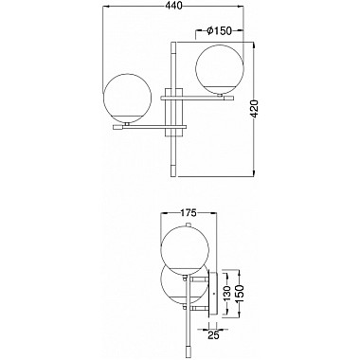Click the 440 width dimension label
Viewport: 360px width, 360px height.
pyautogui.click(x=173, y=6)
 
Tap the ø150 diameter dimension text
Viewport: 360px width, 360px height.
pyautogui.click(x=219, y=31)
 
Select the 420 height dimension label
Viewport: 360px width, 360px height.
pyautogui.click(x=255, y=109)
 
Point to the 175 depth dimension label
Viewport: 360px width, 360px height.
pyautogui.click(x=189, y=213)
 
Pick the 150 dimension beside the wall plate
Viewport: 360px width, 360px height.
pyautogui.click(x=241, y=293)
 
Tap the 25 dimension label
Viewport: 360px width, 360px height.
pyautogui.click(x=213, y=335)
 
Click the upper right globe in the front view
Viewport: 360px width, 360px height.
pyautogui.click(x=220, y=67)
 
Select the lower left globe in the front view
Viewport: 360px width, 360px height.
pyautogui.click(x=128, y=98)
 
